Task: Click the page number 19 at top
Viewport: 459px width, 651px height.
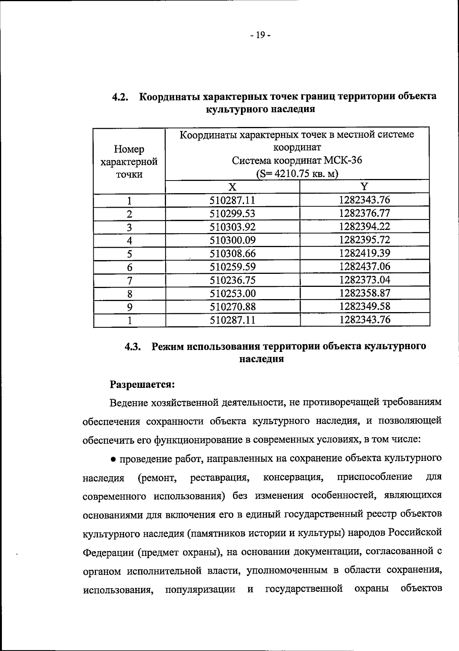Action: [260, 36]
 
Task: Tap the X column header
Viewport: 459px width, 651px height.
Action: [233, 187]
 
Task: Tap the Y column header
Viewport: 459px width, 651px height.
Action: [365, 186]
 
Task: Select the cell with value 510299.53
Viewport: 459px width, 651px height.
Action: [232, 213]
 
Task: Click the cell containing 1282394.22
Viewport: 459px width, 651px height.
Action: [365, 226]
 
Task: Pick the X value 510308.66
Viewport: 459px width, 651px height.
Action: [232, 253]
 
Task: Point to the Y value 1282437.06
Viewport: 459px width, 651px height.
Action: [365, 266]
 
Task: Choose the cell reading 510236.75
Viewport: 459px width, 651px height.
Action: [232, 280]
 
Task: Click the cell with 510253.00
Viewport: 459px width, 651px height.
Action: [232, 293]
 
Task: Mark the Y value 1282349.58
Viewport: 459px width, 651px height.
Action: [365, 306]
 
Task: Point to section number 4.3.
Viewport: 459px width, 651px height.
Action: [133, 347]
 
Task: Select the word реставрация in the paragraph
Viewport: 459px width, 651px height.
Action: [220, 478]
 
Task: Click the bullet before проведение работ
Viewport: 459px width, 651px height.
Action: [114, 459]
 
